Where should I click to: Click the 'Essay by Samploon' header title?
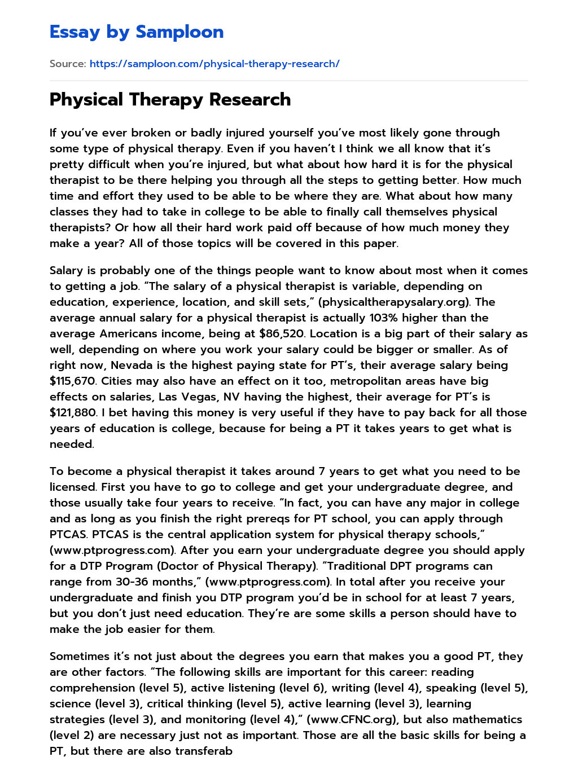point(137,32)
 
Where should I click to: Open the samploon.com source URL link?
point(214,64)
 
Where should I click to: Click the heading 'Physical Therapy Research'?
point(170,99)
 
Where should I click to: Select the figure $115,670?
point(73,381)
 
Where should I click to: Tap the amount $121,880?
point(73,412)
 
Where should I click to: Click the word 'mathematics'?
point(487,719)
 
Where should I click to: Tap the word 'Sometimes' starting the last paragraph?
point(78,656)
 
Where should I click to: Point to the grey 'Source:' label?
point(68,64)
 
